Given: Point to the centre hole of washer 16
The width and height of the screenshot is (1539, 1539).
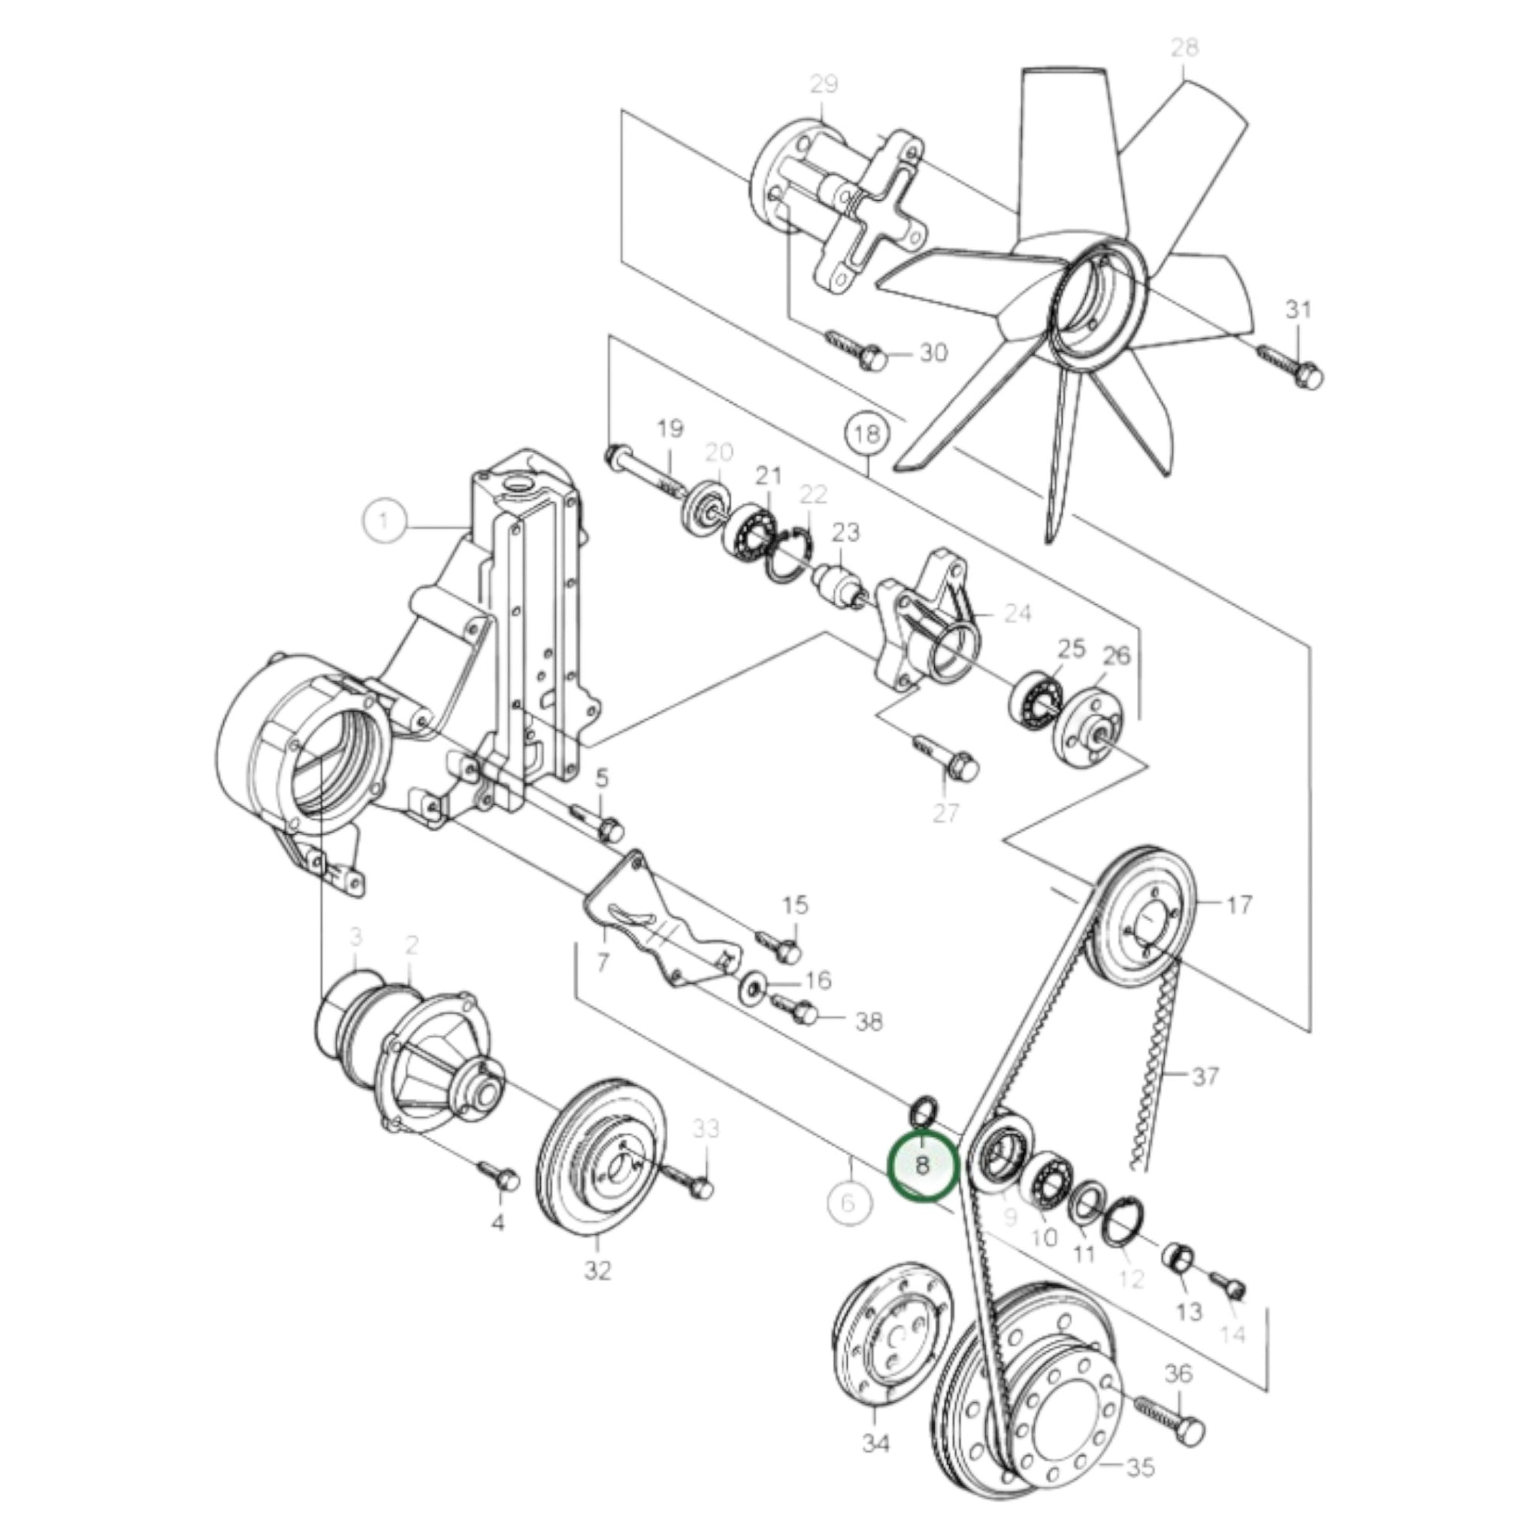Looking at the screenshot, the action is [x=752, y=990].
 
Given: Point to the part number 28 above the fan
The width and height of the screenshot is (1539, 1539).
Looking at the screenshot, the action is [x=1184, y=47].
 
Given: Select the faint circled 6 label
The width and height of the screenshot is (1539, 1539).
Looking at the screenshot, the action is [x=849, y=1202].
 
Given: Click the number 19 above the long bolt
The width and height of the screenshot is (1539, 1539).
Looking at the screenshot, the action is [x=670, y=429].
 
